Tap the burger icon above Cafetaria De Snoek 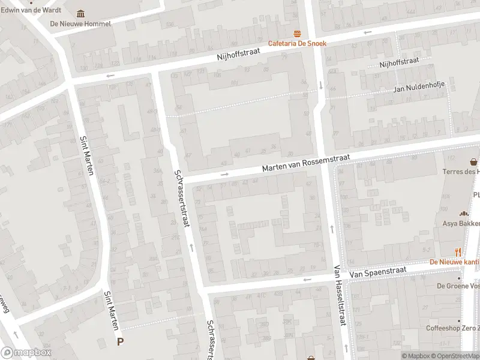[x=296, y=33]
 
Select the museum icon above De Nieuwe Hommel [x=81, y=14]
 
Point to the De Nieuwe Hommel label [x=80, y=24]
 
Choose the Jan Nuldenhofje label [x=419, y=89]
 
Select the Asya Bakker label [x=461, y=224]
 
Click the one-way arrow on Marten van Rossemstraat [x=225, y=175]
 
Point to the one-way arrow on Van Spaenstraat [x=307, y=280]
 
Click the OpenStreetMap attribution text [x=455, y=356]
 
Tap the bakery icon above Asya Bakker [x=463, y=214]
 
